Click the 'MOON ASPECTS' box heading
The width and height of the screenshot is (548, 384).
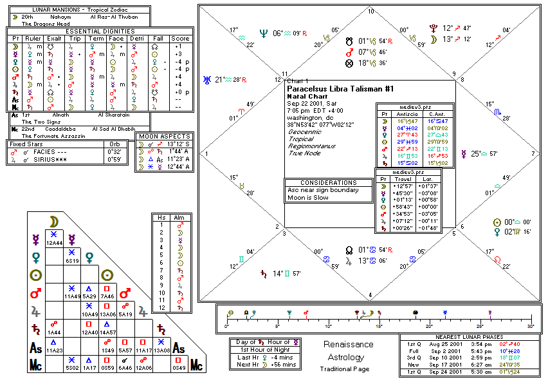[x=164, y=136]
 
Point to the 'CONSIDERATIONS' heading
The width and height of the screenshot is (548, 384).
[x=329, y=183]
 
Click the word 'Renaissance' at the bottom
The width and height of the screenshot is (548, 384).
[x=347, y=345]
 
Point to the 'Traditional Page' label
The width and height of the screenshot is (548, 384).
[x=344, y=369]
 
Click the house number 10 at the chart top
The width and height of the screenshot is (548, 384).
[x=370, y=12]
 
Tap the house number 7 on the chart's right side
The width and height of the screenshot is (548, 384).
[x=533, y=154]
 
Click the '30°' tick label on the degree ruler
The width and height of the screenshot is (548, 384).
[x=530, y=326]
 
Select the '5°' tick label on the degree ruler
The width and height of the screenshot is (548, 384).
[x=277, y=326]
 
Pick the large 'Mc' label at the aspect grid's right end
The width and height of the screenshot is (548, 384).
[x=196, y=367]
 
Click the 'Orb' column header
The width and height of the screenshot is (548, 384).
[x=115, y=144]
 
